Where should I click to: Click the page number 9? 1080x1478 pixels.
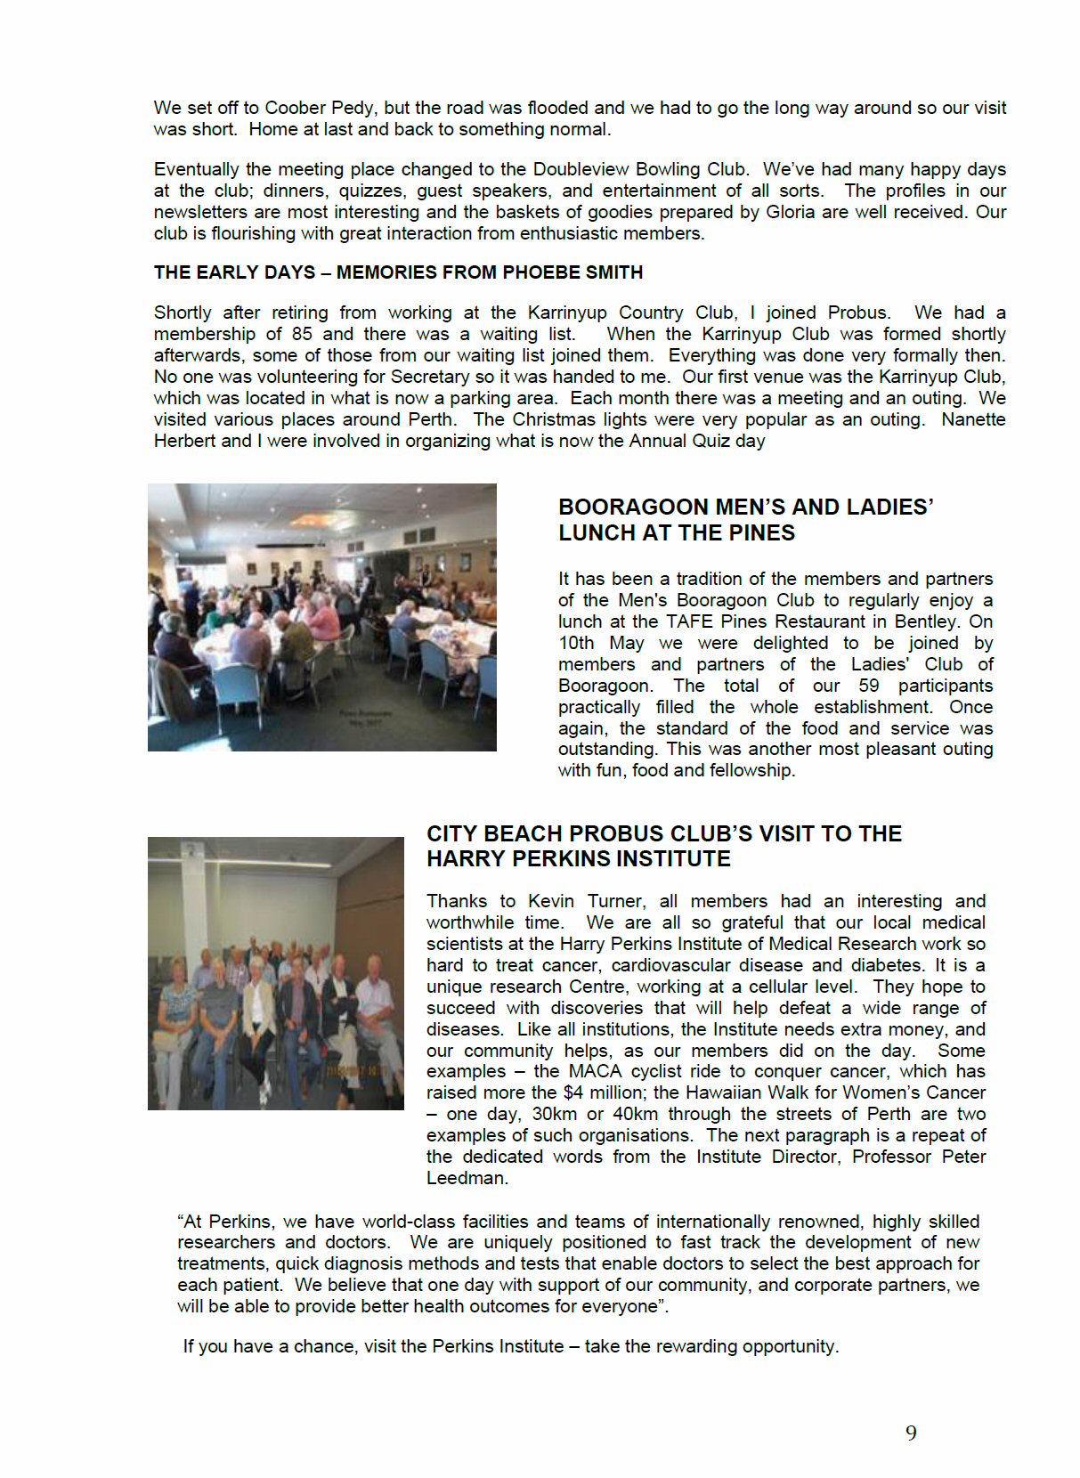coord(911,1433)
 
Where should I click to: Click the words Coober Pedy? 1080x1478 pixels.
coord(321,108)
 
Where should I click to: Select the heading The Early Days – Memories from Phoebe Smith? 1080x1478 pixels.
coord(398,272)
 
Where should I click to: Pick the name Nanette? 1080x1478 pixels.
coord(973,419)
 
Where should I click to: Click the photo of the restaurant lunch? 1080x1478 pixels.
coord(322,617)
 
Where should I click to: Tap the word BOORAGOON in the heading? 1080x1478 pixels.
coord(633,508)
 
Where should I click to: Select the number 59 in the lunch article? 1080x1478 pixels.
coord(868,686)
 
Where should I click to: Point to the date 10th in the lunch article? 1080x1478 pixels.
coord(576,643)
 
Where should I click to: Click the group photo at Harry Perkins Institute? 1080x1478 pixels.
coord(276,973)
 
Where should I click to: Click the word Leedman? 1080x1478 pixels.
coord(466,1178)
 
